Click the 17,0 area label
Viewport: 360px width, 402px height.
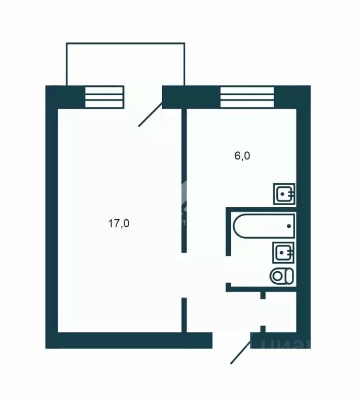tap(119, 224)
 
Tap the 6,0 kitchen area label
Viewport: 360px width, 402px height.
tap(243, 156)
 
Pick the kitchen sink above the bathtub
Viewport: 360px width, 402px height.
tap(284, 194)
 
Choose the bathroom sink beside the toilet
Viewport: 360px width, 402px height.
tap(284, 253)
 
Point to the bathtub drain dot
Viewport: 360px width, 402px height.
tap(288, 226)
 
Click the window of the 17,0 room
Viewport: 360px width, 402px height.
tap(104, 97)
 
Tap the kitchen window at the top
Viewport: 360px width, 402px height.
tap(247, 97)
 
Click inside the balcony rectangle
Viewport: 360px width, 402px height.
tap(125, 63)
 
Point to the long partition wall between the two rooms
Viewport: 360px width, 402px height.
tap(184, 178)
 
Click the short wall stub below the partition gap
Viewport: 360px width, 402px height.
tap(184, 314)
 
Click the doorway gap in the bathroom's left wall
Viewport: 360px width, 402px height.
tap(228, 269)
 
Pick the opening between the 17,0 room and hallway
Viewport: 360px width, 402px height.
tap(184, 275)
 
